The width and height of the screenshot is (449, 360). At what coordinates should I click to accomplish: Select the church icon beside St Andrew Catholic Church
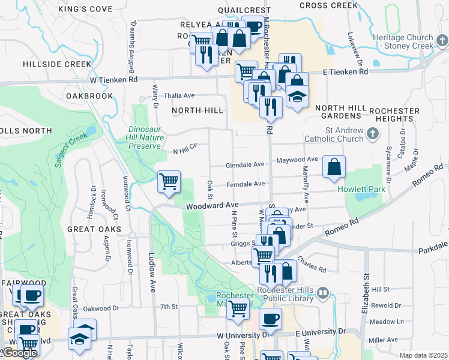point(373,133)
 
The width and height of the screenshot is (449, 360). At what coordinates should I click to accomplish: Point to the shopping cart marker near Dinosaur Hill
point(169,181)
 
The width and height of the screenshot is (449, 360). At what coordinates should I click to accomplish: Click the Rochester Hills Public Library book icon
point(323,293)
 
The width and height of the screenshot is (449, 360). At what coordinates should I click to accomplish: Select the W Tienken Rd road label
point(114,79)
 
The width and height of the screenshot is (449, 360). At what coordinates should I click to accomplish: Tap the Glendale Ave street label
point(245,164)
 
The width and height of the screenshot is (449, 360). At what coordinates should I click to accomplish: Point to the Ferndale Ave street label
point(246,184)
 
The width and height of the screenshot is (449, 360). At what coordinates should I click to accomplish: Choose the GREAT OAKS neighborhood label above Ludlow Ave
point(94,229)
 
